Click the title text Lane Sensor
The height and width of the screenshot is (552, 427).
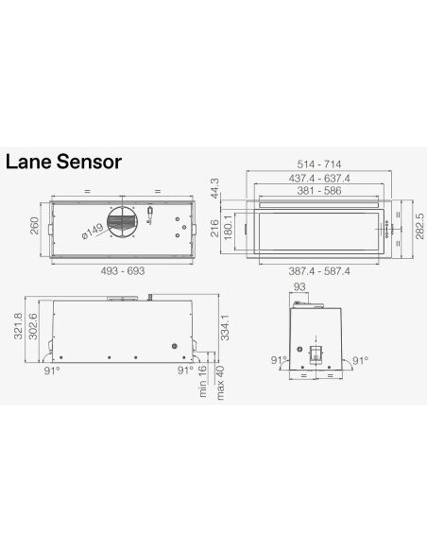[63, 161]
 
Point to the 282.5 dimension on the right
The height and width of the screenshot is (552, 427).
[418, 227]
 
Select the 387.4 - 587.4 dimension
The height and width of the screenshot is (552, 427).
[319, 272]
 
